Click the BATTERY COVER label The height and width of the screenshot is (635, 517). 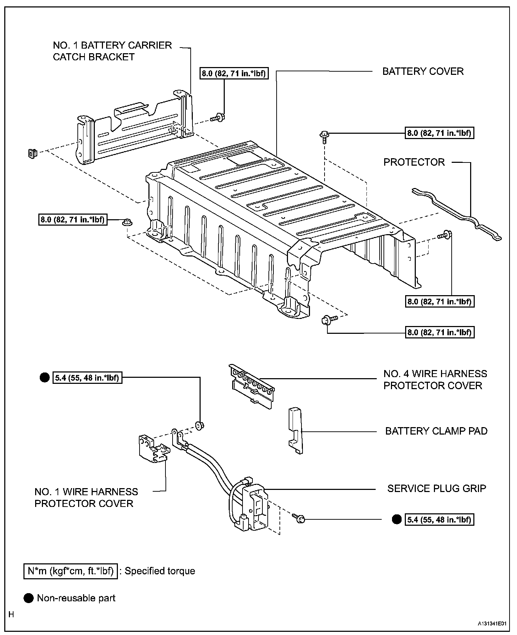click(423, 71)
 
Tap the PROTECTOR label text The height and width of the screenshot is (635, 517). click(414, 162)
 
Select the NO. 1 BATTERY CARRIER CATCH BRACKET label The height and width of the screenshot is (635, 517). click(112, 51)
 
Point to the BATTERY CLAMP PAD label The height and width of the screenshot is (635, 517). click(436, 431)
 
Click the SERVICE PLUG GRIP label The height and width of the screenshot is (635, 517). click(436, 488)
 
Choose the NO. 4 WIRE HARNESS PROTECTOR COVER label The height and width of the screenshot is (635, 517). click(435, 380)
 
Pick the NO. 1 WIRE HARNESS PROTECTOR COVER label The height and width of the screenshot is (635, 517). click(86, 497)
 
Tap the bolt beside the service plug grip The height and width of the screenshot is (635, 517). click(300, 519)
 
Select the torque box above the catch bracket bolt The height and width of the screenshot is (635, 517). click(234, 73)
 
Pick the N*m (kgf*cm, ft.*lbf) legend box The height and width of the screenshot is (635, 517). click(70, 571)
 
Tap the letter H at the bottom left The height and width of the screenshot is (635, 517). click(11, 614)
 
